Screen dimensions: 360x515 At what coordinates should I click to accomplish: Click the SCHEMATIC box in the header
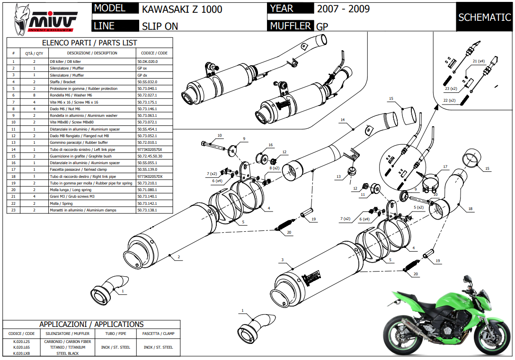484,18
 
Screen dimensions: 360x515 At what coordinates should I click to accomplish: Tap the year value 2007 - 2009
343,9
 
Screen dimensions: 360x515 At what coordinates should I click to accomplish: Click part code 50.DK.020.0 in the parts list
147,61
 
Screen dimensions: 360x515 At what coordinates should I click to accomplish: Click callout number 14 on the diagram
342,120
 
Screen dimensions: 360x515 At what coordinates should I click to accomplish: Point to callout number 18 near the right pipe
470,209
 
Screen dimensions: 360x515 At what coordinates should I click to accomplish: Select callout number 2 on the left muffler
179,257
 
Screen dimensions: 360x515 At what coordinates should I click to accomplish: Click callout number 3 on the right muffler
282,260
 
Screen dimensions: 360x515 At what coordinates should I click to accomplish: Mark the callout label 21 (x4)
479,61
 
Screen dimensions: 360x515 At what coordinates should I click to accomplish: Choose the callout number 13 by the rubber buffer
338,176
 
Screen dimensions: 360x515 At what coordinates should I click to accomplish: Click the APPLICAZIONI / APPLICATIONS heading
91,324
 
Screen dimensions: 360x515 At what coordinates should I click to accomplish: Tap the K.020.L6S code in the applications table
22,347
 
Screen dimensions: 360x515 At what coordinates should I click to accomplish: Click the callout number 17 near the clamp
445,167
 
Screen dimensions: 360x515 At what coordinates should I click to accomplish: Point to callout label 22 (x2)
449,100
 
